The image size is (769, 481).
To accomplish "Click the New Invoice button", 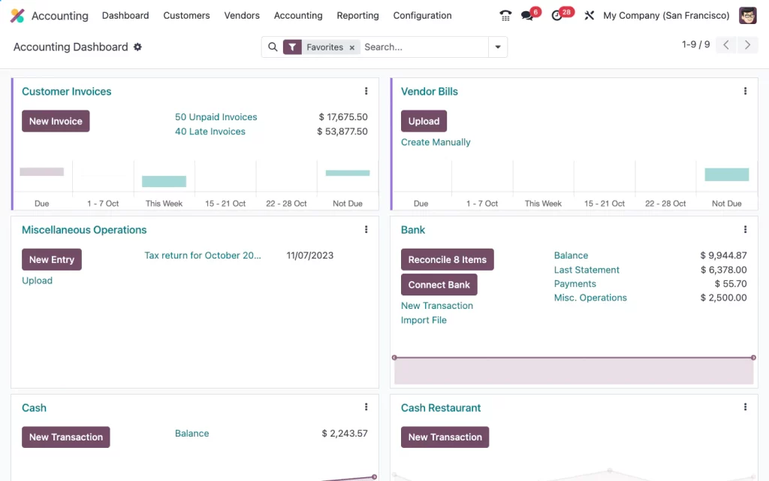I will tap(56, 121).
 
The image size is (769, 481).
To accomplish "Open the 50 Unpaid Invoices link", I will tap(216, 117).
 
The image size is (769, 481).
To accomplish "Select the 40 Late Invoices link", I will tap(210, 132).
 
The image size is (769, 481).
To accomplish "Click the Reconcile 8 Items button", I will tap(447, 259).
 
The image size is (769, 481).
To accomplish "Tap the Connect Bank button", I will tap(439, 285).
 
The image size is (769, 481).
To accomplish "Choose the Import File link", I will tap(424, 320).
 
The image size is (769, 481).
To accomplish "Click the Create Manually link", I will tap(436, 142).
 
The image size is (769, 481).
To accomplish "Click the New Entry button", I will tap(51, 259).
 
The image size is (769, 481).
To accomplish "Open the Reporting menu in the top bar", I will tap(357, 15).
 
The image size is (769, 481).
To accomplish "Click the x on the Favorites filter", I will tap(351, 47).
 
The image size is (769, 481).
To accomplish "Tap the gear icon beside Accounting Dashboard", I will tap(137, 47).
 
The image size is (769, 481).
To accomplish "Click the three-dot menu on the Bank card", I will tap(745, 229).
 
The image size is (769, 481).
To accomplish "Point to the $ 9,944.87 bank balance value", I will tap(723, 256).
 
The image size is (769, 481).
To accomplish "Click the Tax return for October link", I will tap(203, 256).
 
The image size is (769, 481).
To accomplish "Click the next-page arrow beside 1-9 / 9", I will tap(746, 45).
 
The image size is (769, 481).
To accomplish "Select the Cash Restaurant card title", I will tap(441, 408).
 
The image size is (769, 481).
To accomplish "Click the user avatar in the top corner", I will tap(747, 15).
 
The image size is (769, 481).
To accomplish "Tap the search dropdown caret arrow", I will tap(497, 47).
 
